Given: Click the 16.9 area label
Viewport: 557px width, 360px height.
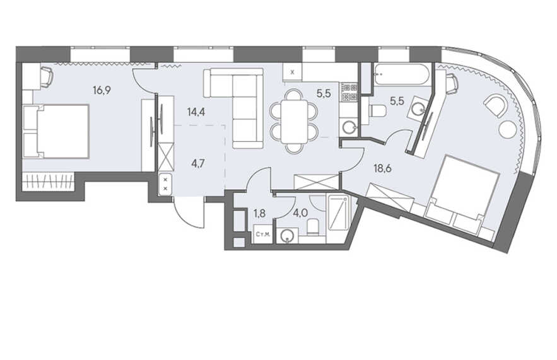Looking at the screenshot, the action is pyautogui.click(x=102, y=91).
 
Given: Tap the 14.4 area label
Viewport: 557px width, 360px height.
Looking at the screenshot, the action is pyautogui.click(x=196, y=113).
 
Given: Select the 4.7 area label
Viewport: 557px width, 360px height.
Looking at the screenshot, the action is pyautogui.click(x=197, y=164).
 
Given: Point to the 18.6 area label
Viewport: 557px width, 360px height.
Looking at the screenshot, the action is pyautogui.click(x=382, y=168).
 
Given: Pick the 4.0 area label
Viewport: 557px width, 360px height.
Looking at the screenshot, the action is pyautogui.click(x=300, y=214).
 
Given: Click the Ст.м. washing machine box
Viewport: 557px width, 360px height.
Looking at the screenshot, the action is pyautogui.click(x=263, y=234).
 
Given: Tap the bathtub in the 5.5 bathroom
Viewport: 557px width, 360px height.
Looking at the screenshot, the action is pyautogui.click(x=402, y=74).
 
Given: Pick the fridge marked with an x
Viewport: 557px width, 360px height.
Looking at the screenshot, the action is pyautogui.click(x=293, y=73).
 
